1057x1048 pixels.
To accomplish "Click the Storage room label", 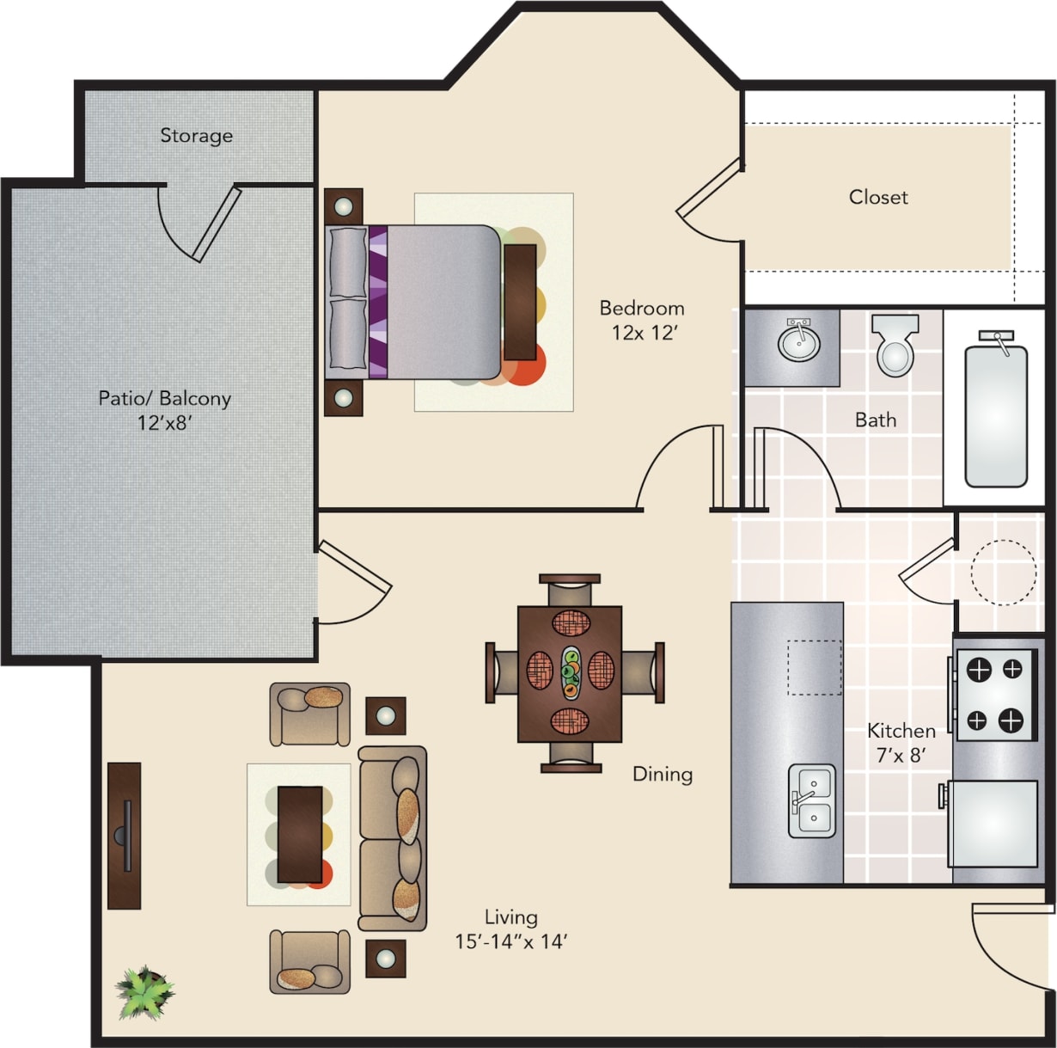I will [196, 136].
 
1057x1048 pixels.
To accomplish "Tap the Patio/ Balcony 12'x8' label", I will [164, 410].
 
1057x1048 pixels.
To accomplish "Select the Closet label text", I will [878, 197].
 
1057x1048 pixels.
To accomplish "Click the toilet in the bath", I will [895, 347].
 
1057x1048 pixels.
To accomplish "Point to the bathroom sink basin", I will [799, 343].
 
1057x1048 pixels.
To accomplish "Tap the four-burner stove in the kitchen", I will [995, 695].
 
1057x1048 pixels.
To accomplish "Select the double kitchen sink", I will [812, 801].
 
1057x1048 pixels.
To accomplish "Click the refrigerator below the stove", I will [993, 823].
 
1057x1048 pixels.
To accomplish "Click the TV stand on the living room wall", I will [125, 835].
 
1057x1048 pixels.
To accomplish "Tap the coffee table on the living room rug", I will [300, 834].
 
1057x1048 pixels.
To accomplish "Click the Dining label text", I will [662, 774].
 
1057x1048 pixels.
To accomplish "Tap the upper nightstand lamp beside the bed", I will [343, 206].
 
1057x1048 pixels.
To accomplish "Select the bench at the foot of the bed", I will [520, 301].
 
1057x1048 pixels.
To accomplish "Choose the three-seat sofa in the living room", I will [393, 838].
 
